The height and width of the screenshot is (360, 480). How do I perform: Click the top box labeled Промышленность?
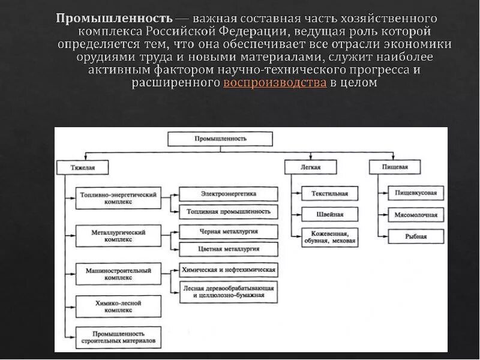pos(220,139)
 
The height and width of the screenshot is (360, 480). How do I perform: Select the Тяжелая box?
pos(83,167)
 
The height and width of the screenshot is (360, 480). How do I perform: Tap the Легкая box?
pos(310,167)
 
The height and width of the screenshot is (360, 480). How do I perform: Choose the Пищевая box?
pos(395,167)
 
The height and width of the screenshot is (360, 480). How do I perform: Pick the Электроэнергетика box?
pos(229,194)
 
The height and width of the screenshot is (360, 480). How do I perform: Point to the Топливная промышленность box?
pos(229,211)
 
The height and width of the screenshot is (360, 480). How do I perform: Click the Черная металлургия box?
pos(229,231)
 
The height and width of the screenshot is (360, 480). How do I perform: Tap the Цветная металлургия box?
pos(229,249)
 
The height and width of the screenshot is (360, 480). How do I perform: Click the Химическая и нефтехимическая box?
pos(229,270)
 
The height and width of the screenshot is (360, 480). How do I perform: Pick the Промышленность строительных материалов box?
pos(119,337)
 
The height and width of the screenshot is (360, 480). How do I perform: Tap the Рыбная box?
pos(416,236)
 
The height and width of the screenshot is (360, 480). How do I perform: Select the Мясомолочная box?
pos(416,214)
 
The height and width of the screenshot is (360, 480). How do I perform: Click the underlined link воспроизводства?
pos(275,83)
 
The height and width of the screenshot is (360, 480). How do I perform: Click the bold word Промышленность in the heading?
pos(113,18)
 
